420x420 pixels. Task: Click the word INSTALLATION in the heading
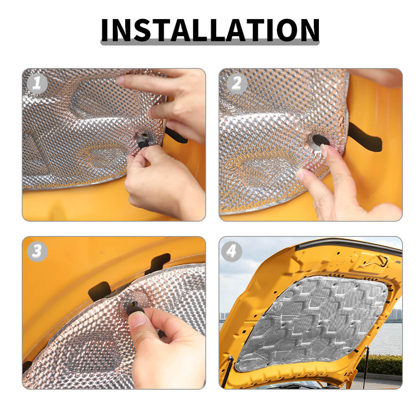pyautogui.click(x=210, y=30)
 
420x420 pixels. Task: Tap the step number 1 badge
pyautogui.click(x=37, y=83)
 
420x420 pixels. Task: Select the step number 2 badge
pyautogui.click(x=237, y=83)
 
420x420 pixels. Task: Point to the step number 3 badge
pyautogui.click(x=37, y=252)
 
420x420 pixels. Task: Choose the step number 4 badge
pyautogui.click(x=232, y=252)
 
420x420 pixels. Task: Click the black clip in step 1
pyautogui.click(x=143, y=141)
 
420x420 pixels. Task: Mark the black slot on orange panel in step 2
pyautogui.click(x=364, y=137)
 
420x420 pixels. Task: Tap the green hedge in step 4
pyautogui.click(x=380, y=364)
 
